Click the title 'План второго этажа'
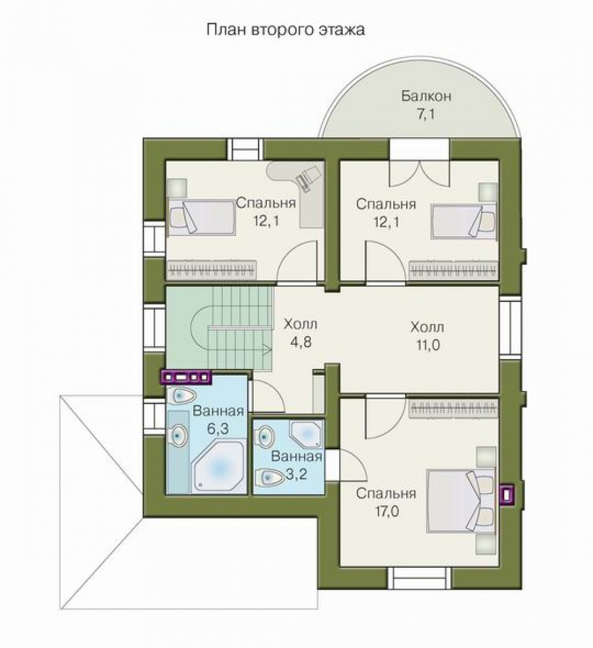coord(285,30)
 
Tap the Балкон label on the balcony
coord(426,96)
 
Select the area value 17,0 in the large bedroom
coord(387,512)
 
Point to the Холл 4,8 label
coord(300,333)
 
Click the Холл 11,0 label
coord(428,336)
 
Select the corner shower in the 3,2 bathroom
coord(307,435)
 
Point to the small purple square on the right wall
coord(506,495)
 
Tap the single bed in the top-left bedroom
coord(201,217)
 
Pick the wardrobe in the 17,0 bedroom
coord(454,408)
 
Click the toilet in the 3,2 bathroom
coord(270,477)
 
